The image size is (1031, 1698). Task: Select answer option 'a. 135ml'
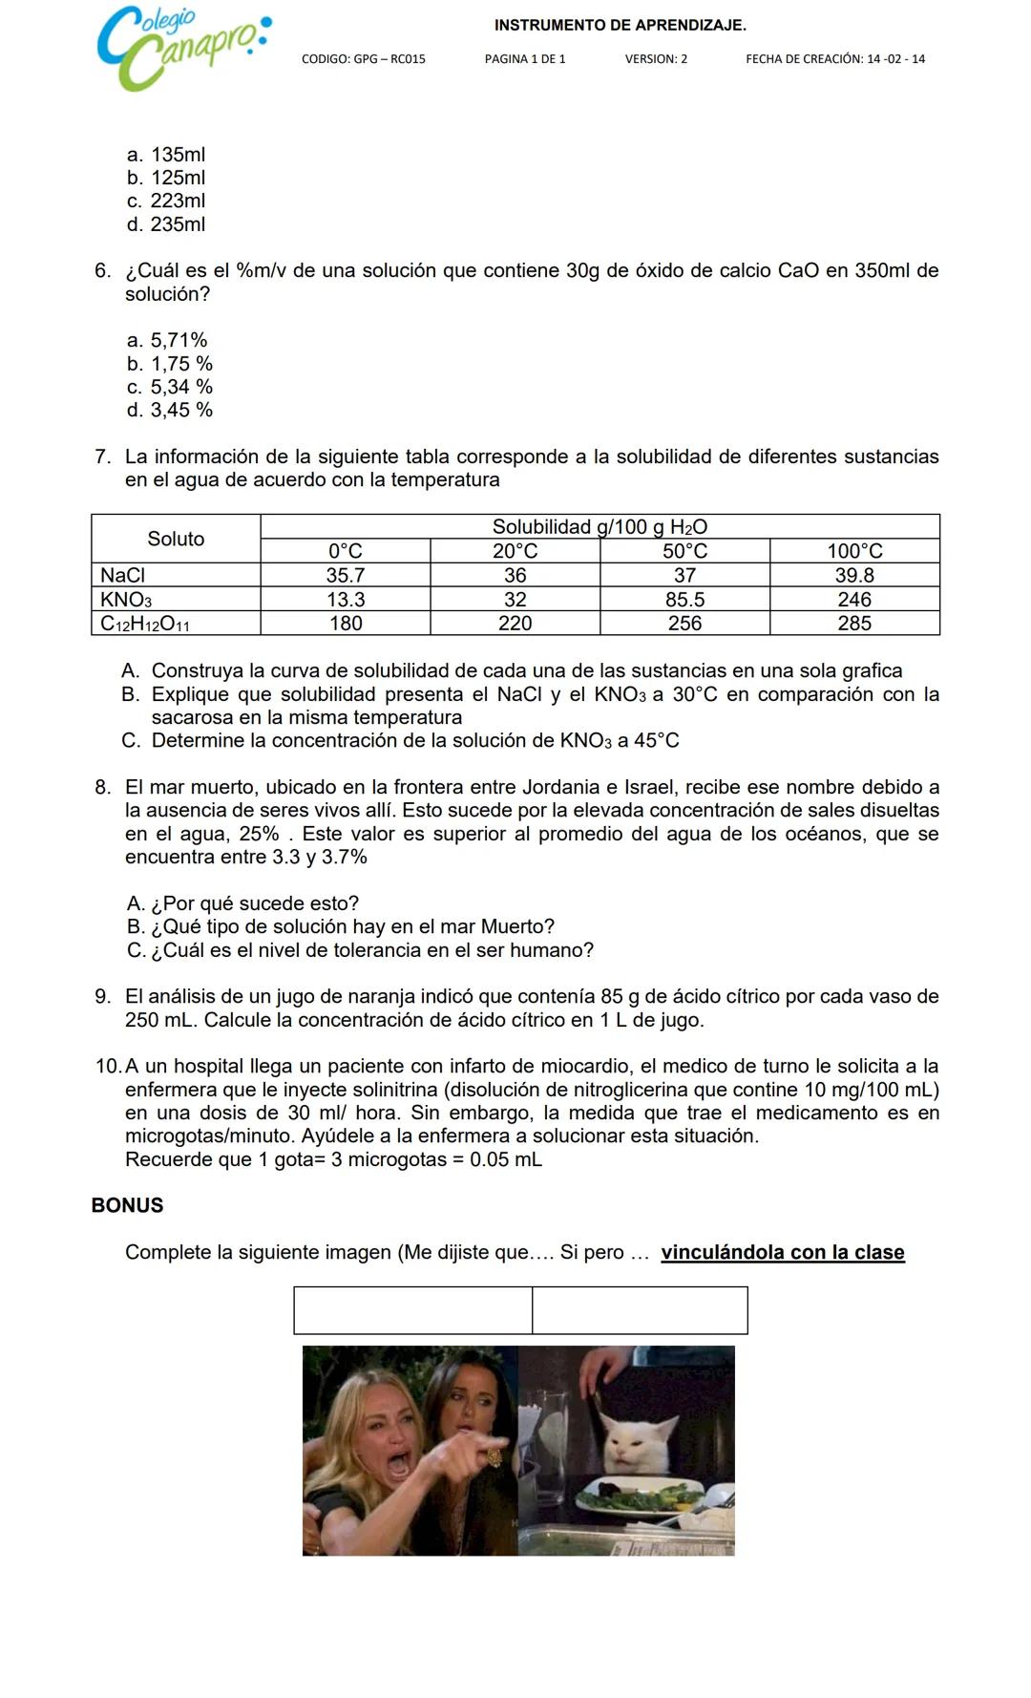(166, 155)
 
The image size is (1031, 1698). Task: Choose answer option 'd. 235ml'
(166, 224)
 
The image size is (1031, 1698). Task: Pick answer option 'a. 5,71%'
(167, 341)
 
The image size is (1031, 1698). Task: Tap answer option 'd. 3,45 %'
(170, 411)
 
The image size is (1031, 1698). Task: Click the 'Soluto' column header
(176, 539)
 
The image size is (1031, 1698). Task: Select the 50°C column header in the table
(684, 551)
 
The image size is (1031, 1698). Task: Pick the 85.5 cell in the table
(684, 600)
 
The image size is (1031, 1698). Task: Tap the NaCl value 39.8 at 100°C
(854, 576)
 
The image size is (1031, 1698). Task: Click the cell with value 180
(346, 624)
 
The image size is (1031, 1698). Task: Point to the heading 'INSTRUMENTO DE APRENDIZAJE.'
(621, 26)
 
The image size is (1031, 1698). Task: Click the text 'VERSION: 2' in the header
(656, 59)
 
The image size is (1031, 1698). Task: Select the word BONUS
(127, 1206)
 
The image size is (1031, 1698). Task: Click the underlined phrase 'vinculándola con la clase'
(782, 1253)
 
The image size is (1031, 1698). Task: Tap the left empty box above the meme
(412, 1310)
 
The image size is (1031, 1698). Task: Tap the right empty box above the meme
(640, 1310)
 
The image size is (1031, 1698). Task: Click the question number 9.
(102, 997)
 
